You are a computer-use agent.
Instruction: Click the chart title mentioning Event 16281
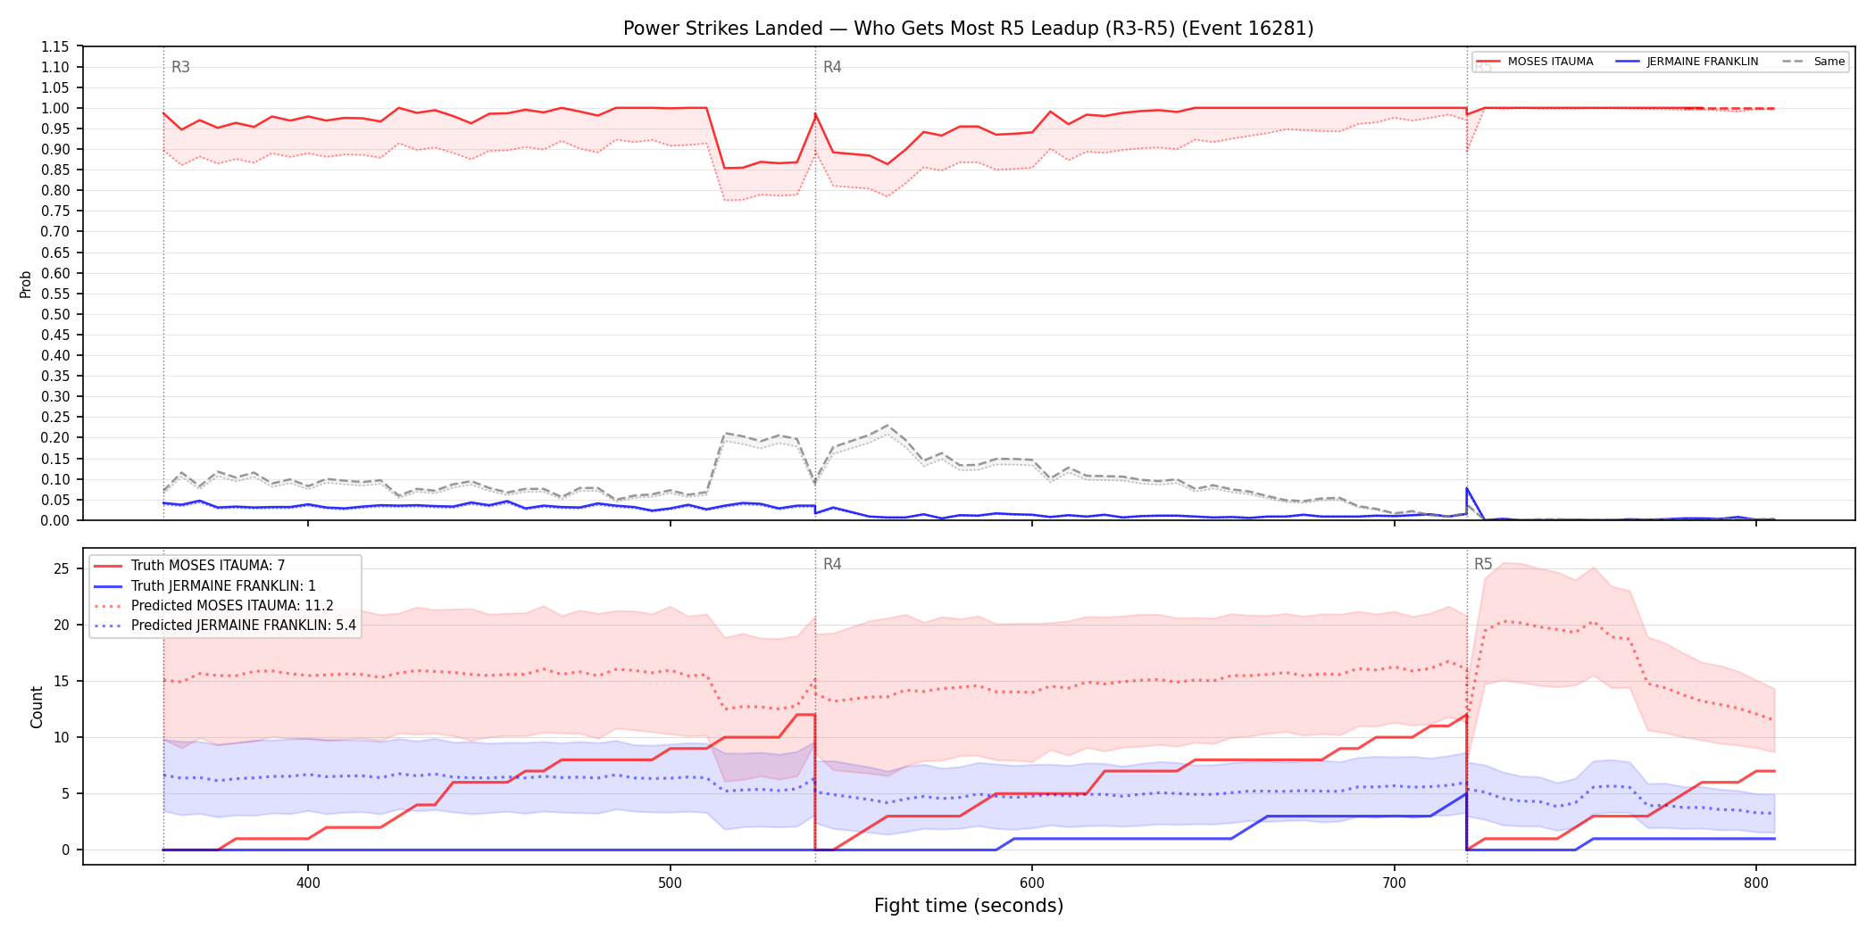coord(968,29)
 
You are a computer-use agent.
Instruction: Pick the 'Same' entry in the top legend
coord(1813,62)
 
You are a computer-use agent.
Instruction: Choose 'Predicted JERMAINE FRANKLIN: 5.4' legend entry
coord(225,626)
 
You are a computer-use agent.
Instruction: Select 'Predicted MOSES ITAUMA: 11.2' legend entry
coord(214,606)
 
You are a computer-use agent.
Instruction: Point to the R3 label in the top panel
coord(180,67)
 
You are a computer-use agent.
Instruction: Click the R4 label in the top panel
coord(832,67)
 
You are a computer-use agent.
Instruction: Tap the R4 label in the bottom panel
coord(832,564)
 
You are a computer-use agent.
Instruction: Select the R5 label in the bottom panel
coord(1483,564)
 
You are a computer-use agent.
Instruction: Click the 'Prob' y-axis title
coord(26,284)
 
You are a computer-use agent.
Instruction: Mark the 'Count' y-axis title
coord(37,707)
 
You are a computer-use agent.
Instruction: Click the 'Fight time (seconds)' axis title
coord(969,906)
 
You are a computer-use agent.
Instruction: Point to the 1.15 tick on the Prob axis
coord(56,46)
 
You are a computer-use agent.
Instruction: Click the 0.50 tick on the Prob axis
coord(56,314)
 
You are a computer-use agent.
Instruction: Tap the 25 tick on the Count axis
coord(62,569)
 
